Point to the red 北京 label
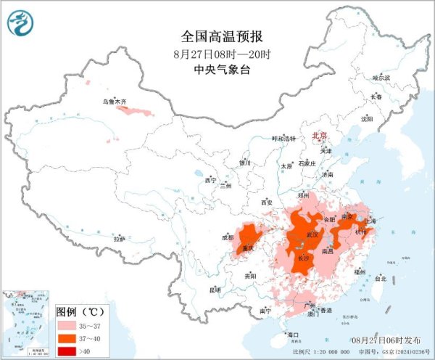pyautogui.click(x=319, y=136)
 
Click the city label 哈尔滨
pyautogui.click(x=381, y=77)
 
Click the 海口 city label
pyautogui.click(x=293, y=335)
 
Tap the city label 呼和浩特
pyautogui.click(x=284, y=139)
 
